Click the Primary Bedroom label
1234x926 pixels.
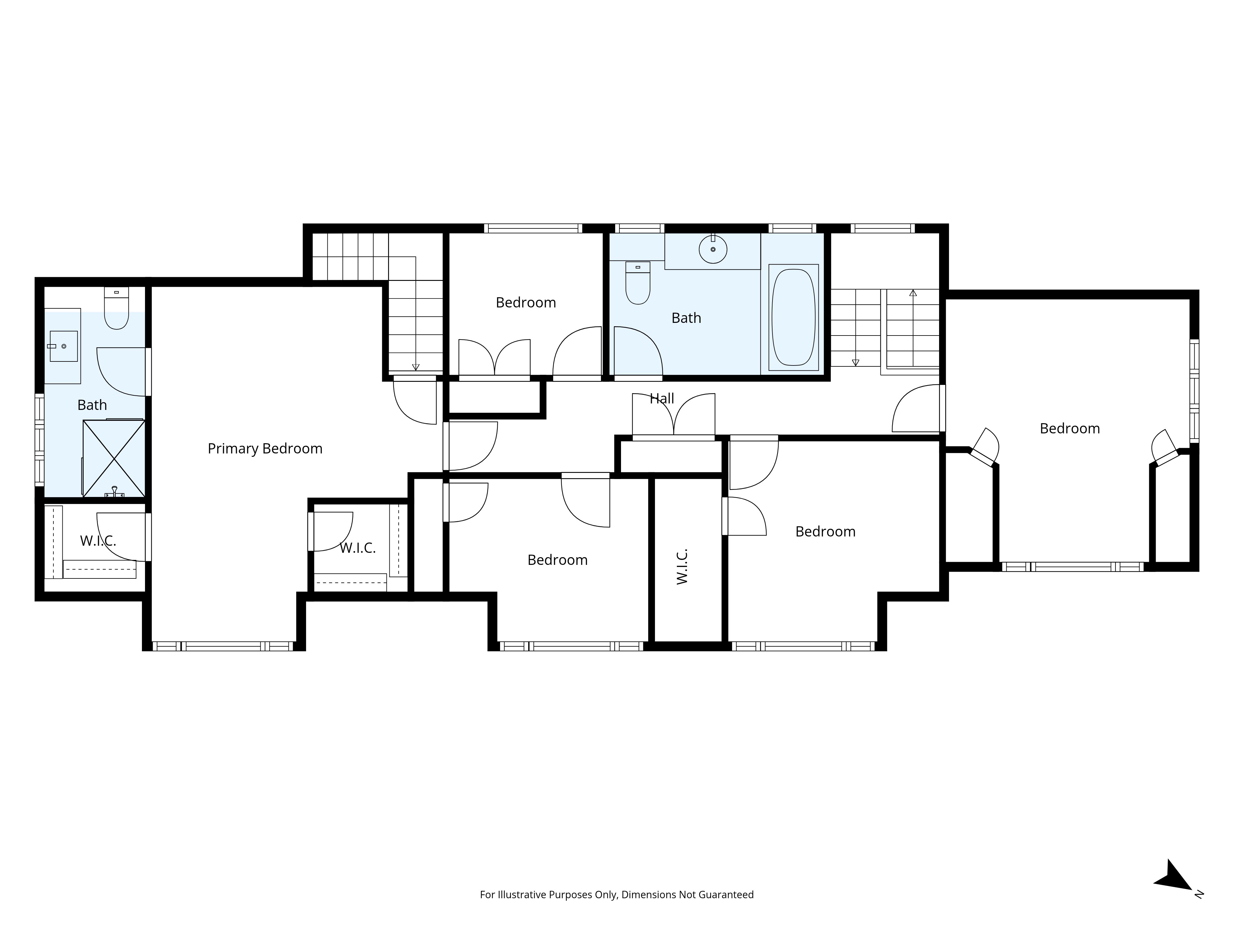(265, 449)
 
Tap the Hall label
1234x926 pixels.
(662, 398)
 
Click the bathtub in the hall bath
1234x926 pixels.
(793, 317)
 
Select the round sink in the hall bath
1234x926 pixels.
(713, 249)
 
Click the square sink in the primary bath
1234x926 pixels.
(63, 346)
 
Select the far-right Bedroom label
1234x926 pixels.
(1070, 429)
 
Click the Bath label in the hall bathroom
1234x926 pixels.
(686, 318)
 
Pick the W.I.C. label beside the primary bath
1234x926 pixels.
(98, 541)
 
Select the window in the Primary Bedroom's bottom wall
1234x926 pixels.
(223, 646)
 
